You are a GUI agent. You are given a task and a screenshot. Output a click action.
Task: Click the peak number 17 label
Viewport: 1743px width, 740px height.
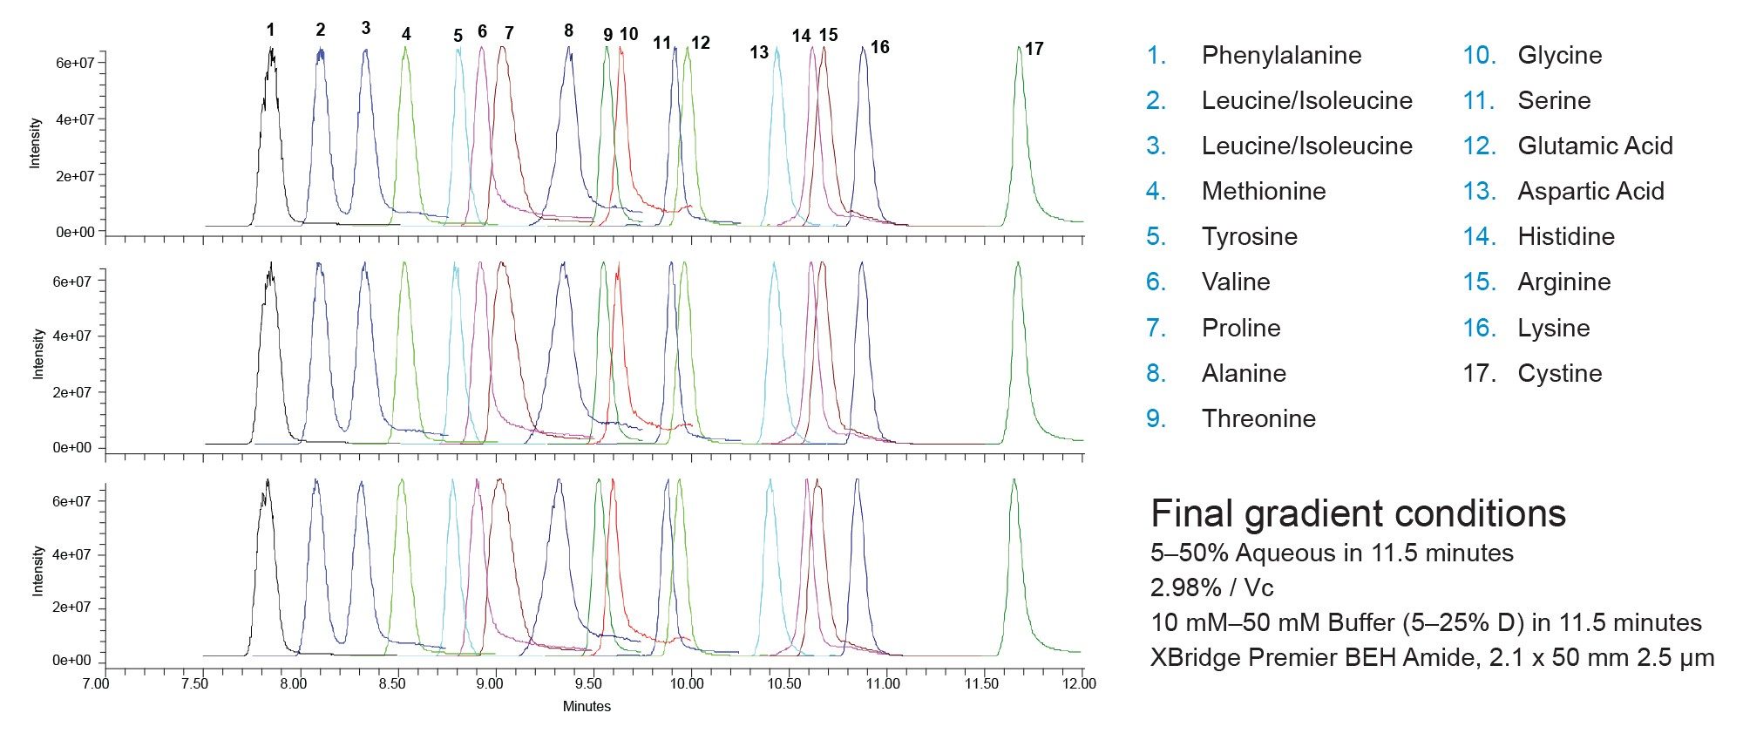click(1034, 49)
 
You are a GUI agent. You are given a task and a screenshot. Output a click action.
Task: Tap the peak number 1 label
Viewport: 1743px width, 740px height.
click(270, 31)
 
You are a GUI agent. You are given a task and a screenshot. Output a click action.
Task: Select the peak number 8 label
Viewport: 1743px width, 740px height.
click(568, 31)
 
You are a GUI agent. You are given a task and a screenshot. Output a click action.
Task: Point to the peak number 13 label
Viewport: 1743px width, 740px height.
click(759, 52)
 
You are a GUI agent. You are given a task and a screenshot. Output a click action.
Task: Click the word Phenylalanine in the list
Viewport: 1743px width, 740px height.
click(1281, 56)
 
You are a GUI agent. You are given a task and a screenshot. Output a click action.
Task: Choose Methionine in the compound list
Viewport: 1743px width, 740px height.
click(1264, 192)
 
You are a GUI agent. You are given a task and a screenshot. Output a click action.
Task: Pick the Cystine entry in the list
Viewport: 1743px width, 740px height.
click(1559, 374)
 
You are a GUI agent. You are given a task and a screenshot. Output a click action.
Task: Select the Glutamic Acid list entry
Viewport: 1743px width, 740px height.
click(1595, 146)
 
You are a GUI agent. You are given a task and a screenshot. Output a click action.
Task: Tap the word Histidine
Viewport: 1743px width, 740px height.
click(1566, 237)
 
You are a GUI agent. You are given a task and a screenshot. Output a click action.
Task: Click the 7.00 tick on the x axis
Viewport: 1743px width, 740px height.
click(96, 683)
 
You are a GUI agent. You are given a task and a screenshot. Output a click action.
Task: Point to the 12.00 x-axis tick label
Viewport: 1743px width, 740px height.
click(1079, 683)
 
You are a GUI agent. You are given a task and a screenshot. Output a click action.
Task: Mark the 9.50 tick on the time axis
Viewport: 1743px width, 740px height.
click(588, 683)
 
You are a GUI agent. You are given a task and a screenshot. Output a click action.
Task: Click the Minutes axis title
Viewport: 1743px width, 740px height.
click(587, 707)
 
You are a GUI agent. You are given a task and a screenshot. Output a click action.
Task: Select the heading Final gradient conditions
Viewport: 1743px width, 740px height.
click(1358, 514)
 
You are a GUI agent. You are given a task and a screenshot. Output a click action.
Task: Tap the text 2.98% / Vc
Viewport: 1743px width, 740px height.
click(1211, 588)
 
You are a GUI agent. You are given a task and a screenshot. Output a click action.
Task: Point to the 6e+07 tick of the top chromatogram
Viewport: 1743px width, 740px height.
click(76, 64)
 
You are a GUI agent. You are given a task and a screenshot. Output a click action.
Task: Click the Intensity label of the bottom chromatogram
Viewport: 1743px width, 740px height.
click(37, 571)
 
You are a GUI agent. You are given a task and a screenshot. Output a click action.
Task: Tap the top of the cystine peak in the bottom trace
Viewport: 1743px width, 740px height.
click(1014, 480)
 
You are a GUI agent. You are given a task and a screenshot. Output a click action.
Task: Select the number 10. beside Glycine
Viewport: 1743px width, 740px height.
click(1479, 56)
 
